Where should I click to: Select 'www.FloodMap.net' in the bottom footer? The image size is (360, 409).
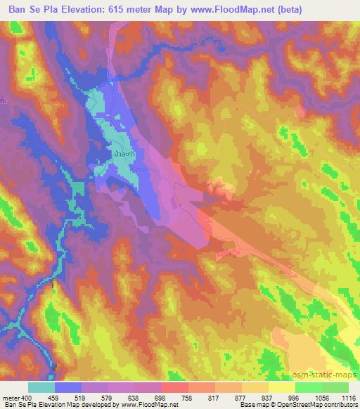pos(150,405)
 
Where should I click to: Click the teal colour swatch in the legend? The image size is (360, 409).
pos(41,387)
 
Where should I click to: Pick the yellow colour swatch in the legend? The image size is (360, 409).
pos(281,387)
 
